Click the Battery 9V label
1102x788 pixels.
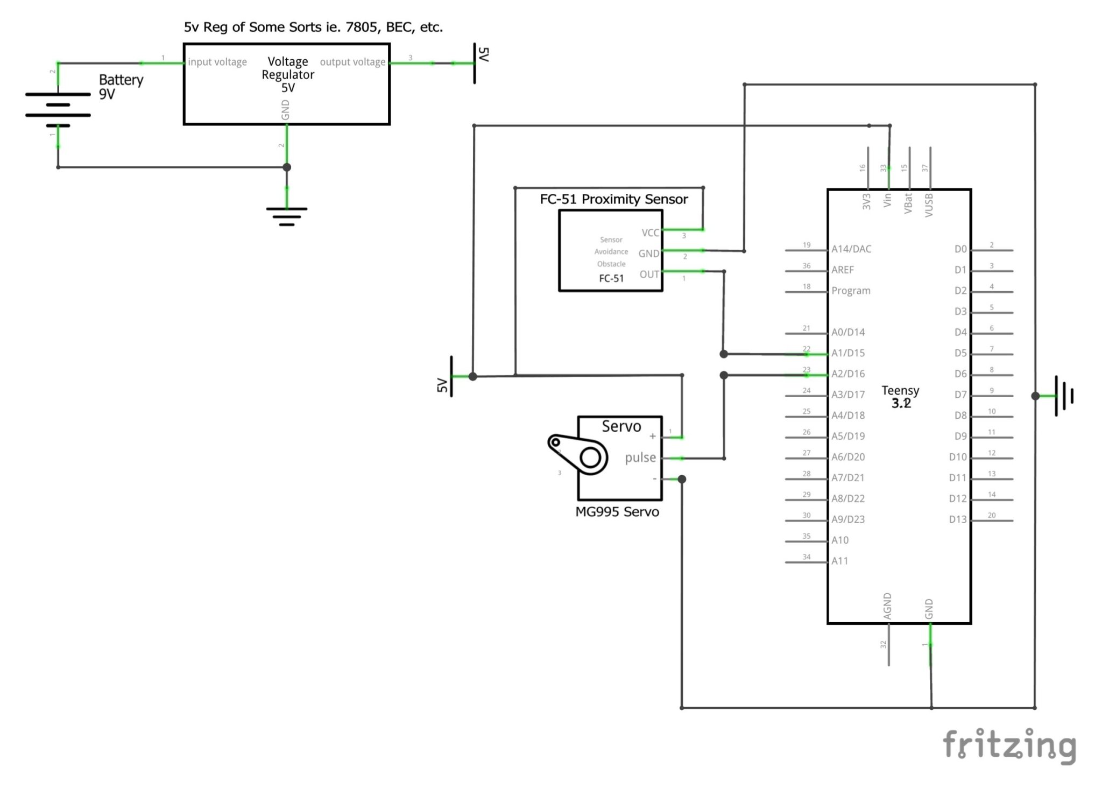click(121, 87)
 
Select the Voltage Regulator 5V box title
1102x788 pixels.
click(288, 74)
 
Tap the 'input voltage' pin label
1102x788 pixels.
click(217, 62)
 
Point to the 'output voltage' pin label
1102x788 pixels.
click(352, 62)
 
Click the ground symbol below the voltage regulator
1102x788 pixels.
click(287, 216)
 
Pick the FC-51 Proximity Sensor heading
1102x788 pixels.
click(613, 199)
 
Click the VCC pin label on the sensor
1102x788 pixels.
click(650, 233)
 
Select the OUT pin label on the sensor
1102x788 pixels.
click(649, 274)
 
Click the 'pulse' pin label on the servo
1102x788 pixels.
click(640, 458)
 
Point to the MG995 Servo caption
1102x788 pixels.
click(617, 511)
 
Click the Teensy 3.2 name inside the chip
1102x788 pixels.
click(900, 397)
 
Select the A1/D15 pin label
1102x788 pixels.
click(848, 353)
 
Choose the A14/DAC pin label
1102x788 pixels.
click(851, 249)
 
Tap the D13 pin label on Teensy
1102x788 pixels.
click(957, 519)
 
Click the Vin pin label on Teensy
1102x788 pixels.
click(887, 201)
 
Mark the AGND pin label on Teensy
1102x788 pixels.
click(887, 606)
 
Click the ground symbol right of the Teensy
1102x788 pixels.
click(1064, 396)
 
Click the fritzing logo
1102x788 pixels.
click(1009, 745)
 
